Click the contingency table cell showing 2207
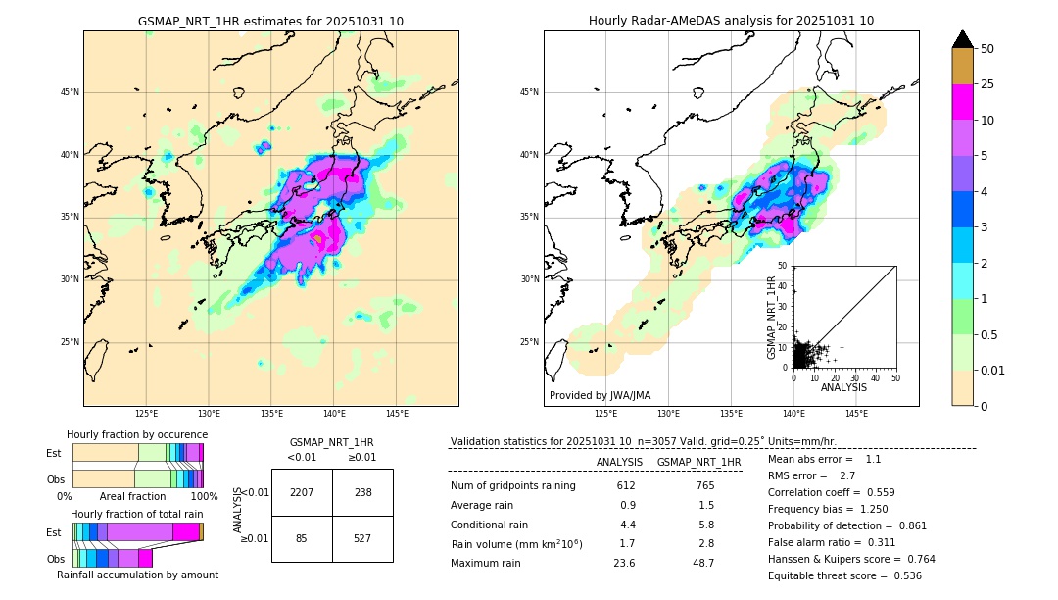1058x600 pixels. (302, 492)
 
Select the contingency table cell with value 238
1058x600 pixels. (362, 492)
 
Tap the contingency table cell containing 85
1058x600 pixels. (302, 538)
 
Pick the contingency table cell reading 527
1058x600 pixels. (362, 538)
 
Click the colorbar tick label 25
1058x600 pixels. (987, 84)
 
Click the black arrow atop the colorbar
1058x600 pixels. (963, 39)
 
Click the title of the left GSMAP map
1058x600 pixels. (270, 21)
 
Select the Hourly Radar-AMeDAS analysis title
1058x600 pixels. (731, 21)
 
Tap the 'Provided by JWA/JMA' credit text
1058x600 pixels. (600, 395)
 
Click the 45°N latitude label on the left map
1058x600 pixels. (70, 92)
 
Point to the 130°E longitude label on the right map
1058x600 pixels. (669, 415)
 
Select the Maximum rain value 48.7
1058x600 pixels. (702, 563)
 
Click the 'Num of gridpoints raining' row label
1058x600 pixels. (512, 485)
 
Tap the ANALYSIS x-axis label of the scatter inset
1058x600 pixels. (843, 387)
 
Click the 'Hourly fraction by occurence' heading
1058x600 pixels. (137, 434)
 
